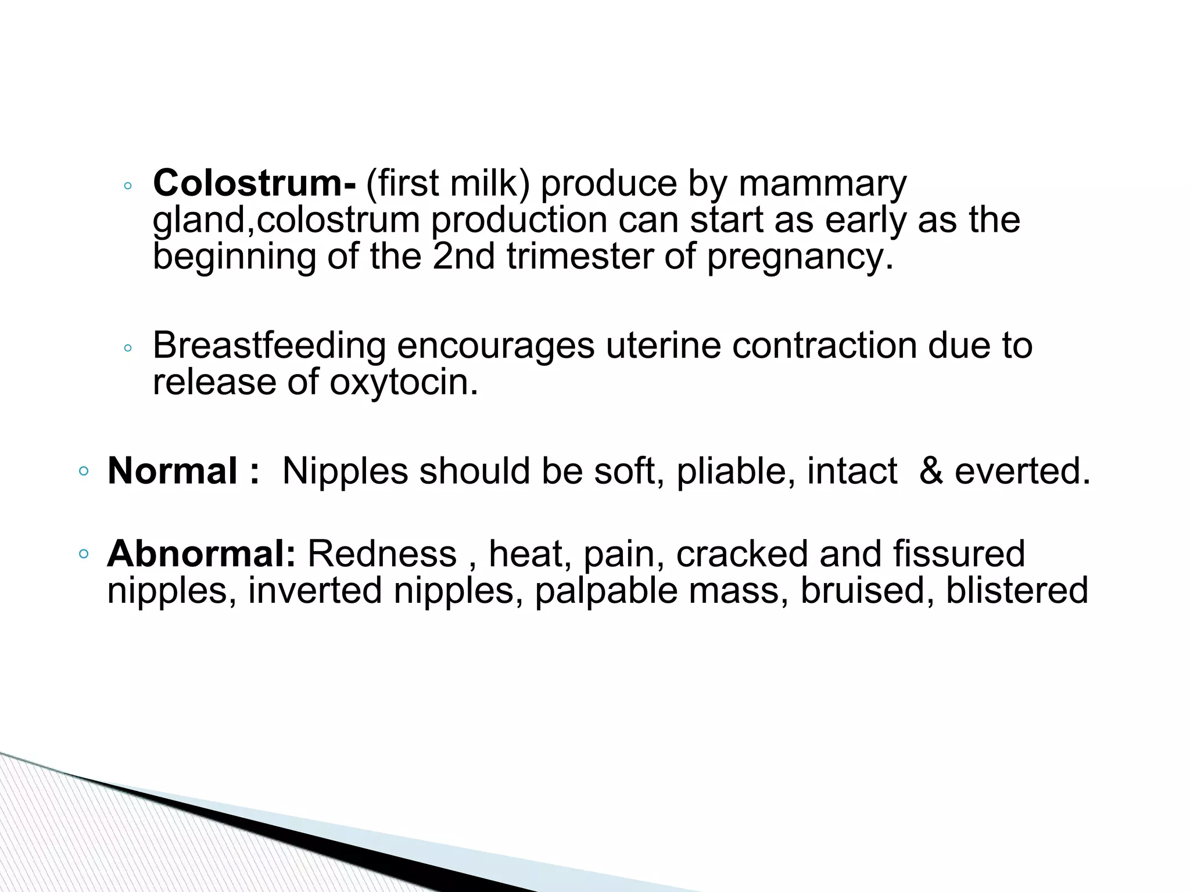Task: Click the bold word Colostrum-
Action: [255, 184]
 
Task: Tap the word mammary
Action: [822, 185]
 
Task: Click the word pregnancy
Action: [799, 258]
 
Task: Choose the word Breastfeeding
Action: [269, 346]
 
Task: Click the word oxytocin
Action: [403, 383]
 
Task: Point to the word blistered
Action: [1017, 591]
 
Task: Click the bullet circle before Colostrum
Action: [128, 186]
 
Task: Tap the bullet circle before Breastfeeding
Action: [128, 348]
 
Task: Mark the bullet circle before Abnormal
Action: [84, 554]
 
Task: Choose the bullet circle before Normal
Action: [84, 471]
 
